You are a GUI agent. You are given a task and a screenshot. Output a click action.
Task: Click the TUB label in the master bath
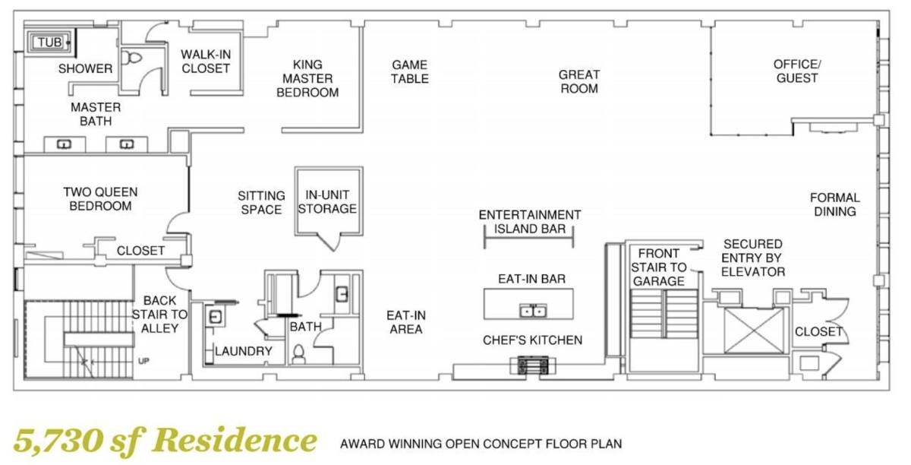tap(50, 42)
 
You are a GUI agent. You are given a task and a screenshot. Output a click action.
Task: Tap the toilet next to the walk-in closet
tap(132, 58)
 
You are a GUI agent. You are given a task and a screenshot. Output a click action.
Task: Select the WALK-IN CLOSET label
tap(206, 62)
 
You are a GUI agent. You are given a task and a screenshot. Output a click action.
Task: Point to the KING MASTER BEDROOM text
tap(307, 78)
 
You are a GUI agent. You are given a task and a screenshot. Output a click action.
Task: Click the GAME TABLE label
tap(410, 71)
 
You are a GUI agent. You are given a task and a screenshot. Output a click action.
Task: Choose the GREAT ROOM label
tap(579, 81)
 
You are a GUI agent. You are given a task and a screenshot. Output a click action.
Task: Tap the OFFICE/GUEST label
tap(797, 71)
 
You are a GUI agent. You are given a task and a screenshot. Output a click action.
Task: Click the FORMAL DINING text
tap(835, 204)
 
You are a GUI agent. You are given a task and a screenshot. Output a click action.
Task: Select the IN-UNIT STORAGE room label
tap(327, 201)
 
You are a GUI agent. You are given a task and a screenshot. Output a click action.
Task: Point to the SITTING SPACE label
tap(261, 203)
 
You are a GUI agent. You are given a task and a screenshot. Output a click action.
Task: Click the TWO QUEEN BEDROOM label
tap(100, 199)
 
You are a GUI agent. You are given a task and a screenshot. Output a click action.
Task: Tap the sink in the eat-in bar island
tap(533, 311)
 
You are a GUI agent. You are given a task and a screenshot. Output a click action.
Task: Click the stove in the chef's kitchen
tap(533, 365)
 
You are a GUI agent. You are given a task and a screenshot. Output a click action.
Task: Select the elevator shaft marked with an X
tap(754, 331)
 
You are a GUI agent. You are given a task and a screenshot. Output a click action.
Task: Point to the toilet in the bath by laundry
tap(298, 354)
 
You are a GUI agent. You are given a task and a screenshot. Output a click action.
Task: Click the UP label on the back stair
tap(143, 361)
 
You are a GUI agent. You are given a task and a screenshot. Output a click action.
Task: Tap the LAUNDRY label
tap(244, 351)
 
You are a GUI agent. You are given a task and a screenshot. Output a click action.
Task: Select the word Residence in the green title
tap(235, 440)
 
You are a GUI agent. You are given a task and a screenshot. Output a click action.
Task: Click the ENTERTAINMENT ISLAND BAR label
tap(530, 222)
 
